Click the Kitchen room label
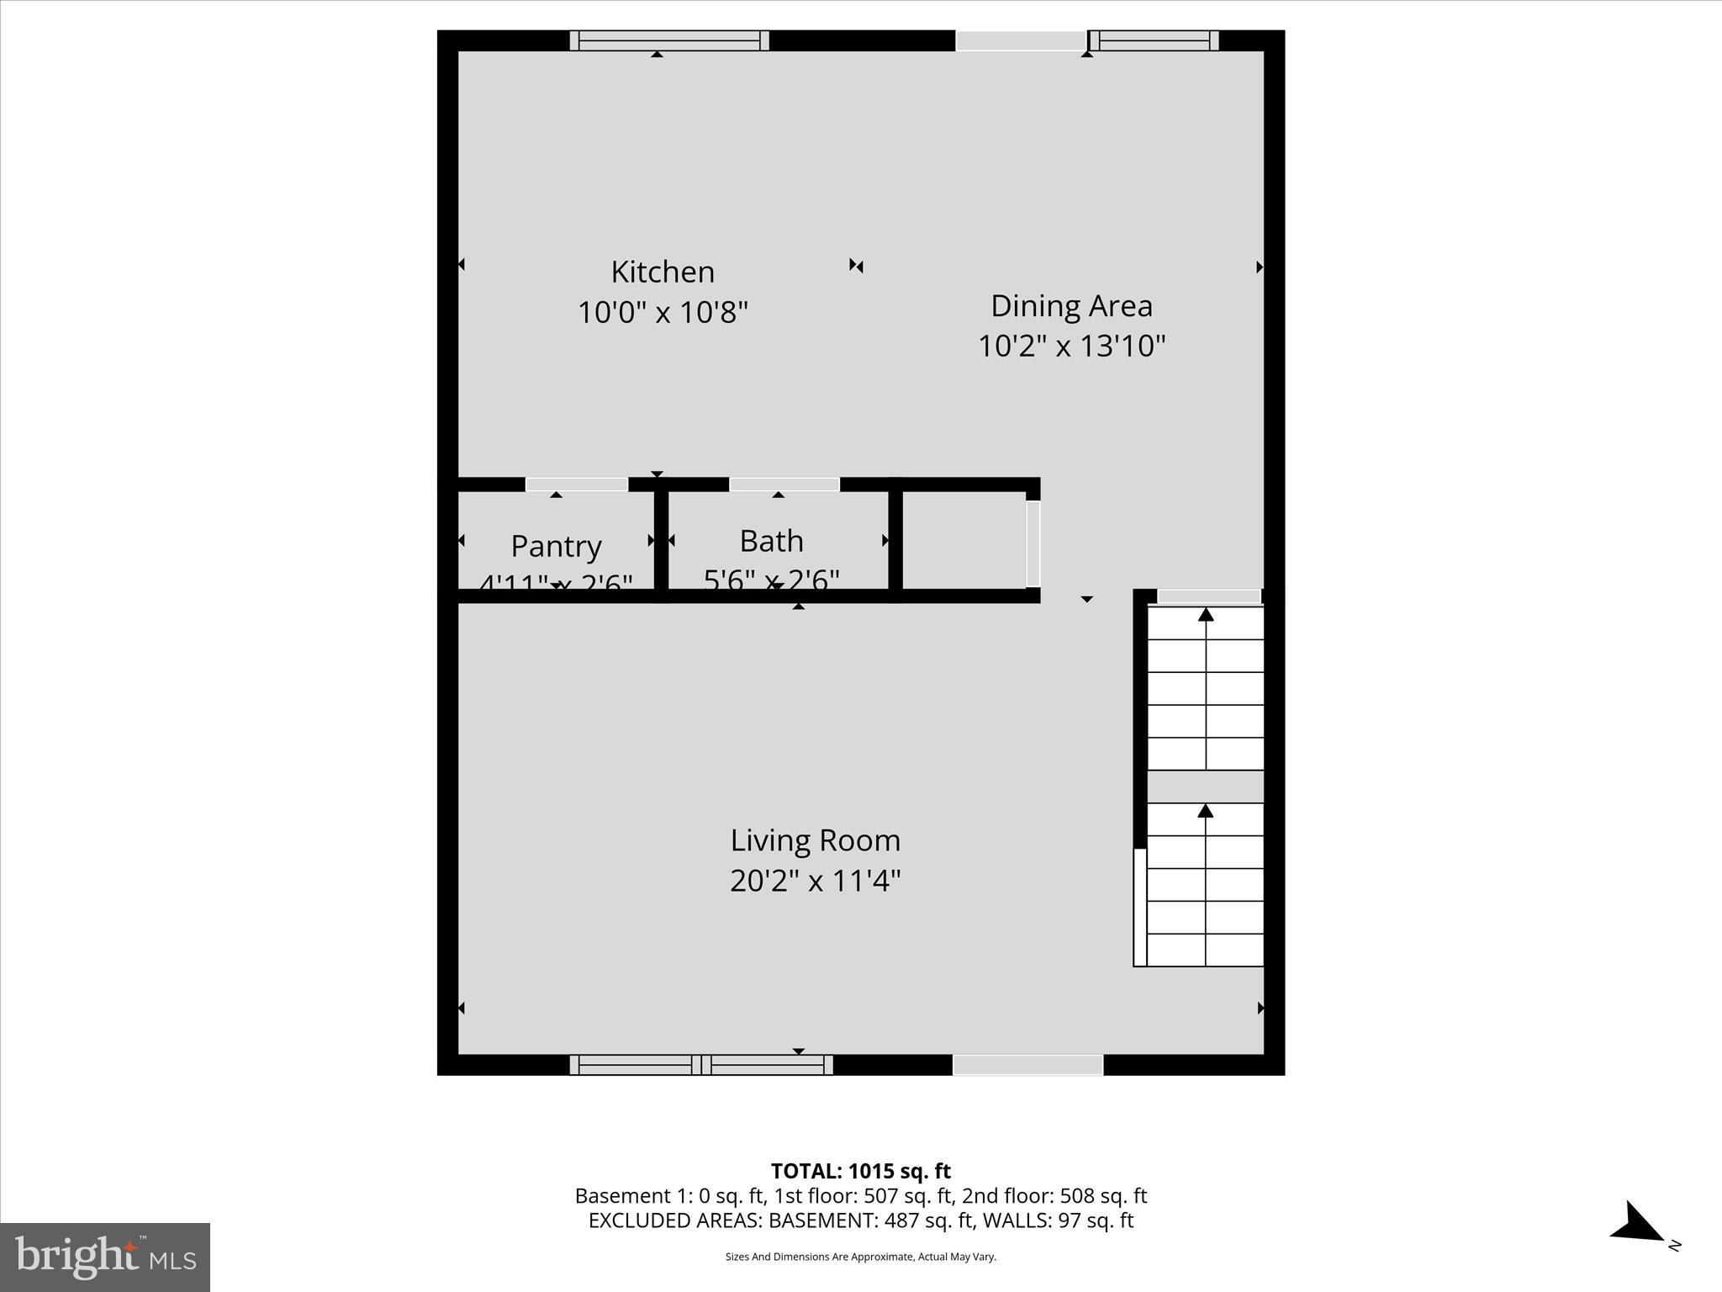(x=663, y=272)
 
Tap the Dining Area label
(x=1071, y=305)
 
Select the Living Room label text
(x=815, y=840)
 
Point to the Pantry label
(x=556, y=546)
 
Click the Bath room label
(x=771, y=541)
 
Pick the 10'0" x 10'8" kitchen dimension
(x=663, y=313)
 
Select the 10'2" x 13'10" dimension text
(x=1071, y=346)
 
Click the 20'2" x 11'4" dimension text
(x=815, y=881)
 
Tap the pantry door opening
(x=577, y=484)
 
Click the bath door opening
(x=784, y=484)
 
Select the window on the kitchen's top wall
(x=669, y=40)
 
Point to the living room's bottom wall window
(x=701, y=1065)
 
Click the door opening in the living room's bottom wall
(x=1027, y=1065)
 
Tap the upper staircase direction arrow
(x=1206, y=615)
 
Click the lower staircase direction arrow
(x=1206, y=811)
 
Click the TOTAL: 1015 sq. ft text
(x=860, y=1171)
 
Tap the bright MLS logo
(x=105, y=1257)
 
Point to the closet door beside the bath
(x=1033, y=543)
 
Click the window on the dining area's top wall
(x=1154, y=40)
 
